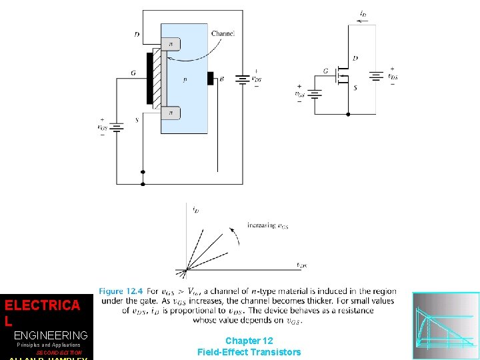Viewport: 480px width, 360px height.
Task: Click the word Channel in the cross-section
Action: pos(223,33)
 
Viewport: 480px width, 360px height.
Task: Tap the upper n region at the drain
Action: pos(171,45)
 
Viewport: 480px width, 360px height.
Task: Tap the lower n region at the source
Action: pos(171,114)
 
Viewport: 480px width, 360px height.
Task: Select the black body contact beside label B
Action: pos(211,79)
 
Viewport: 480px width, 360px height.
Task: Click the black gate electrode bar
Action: pos(150,79)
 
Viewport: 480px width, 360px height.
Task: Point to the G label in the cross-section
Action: pos(133,74)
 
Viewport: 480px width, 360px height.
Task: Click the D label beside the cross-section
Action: pos(137,34)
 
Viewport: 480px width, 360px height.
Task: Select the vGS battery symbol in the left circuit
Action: pos(117,127)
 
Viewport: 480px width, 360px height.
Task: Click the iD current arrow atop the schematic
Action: pos(361,21)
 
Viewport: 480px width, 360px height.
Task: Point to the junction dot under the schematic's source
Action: pos(347,114)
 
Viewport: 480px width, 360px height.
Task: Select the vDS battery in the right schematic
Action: pos(375,76)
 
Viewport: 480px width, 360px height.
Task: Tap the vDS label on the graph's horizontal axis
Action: pos(301,265)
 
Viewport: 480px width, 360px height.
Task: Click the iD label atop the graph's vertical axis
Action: pos(195,210)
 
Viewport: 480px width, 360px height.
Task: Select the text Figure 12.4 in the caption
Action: pos(120,291)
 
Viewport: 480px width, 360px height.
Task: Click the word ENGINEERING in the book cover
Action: pos(51,335)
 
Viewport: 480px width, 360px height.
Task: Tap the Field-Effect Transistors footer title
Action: pos(249,352)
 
